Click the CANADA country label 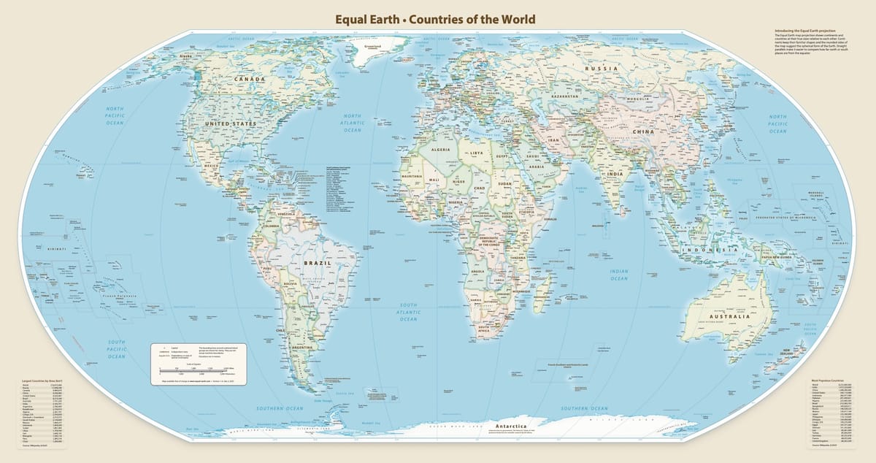tap(249, 77)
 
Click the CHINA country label tap(643, 131)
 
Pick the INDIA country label tap(615, 175)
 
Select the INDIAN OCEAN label tap(618, 275)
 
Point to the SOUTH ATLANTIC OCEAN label tap(408, 311)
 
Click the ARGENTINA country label tap(301, 348)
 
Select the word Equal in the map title tap(352, 19)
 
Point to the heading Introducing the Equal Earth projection tap(804, 31)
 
